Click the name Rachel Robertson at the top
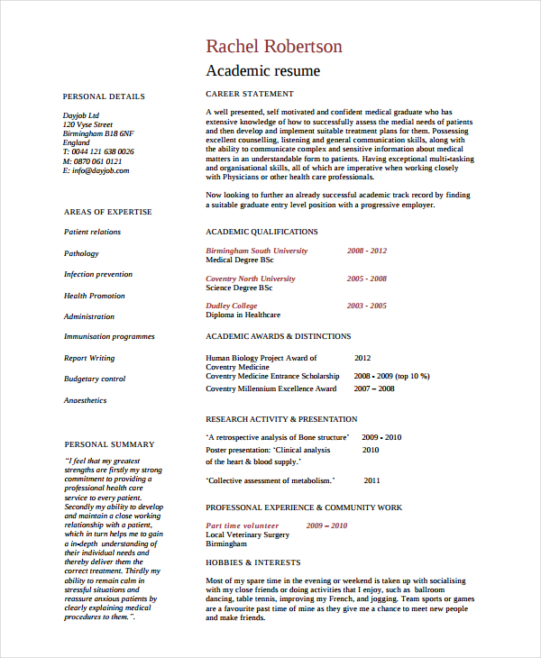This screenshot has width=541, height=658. pyautogui.click(x=274, y=46)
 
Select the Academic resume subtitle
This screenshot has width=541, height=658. pyautogui.click(x=262, y=70)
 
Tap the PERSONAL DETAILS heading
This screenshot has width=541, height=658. pyautogui.click(x=104, y=96)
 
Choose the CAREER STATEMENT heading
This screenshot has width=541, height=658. pyautogui.click(x=250, y=94)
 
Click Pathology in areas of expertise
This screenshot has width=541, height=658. pyautogui.click(x=81, y=253)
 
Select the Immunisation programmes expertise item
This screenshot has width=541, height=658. pyautogui.click(x=109, y=336)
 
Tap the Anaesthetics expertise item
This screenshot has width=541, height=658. pyautogui.click(x=85, y=400)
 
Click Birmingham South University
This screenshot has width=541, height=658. pyautogui.click(x=256, y=251)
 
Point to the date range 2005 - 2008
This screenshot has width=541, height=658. pyautogui.click(x=366, y=279)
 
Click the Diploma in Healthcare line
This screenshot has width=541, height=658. pyautogui.click(x=243, y=315)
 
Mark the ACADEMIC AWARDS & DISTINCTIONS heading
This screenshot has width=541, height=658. pyautogui.click(x=279, y=336)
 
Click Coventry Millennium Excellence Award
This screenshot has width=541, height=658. pyautogui.click(x=270, y=388)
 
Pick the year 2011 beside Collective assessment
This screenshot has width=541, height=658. pyautogui.click(x=371, y=480)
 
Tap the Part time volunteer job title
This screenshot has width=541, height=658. pyautogui.click(x=243, y=525)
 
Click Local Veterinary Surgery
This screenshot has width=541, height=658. pyautogui.click(x=248, y=535)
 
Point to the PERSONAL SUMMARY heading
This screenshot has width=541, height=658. pyautogui.click(x=109, y=444)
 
